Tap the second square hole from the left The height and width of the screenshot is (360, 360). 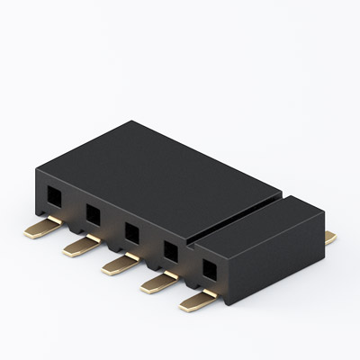point(93,213)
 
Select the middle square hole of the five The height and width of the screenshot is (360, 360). point(131,231)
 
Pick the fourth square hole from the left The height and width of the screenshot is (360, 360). point(170,249)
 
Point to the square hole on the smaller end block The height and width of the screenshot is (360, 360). point(210,267)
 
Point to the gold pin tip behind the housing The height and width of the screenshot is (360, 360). point(330,238)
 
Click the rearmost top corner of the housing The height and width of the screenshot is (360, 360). point(132,121)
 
